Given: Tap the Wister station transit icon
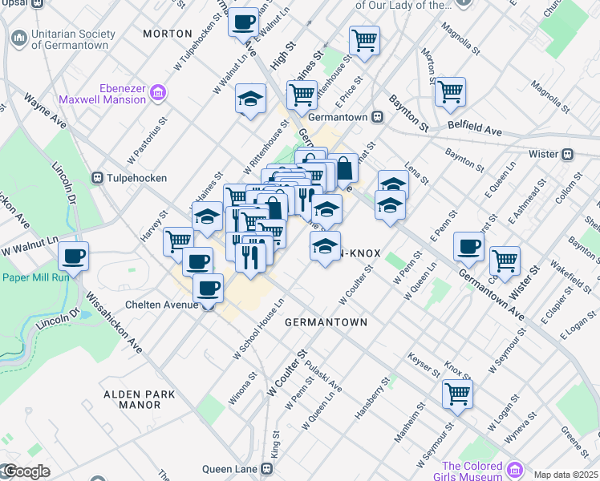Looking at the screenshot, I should point(566,154).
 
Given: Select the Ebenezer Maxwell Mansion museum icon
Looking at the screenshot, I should point(158,94).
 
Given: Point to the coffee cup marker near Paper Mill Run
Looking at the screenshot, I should point(73,257).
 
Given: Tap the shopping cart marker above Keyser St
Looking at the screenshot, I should point(456,394).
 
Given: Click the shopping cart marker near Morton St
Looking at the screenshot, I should point(450,91).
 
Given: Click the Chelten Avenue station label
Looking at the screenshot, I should point(160,305).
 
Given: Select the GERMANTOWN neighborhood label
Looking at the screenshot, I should point(326,322).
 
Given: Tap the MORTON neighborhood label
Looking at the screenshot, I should point(167,34).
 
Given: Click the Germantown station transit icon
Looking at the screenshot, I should point(376,117).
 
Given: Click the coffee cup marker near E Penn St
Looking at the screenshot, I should point(468,246).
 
